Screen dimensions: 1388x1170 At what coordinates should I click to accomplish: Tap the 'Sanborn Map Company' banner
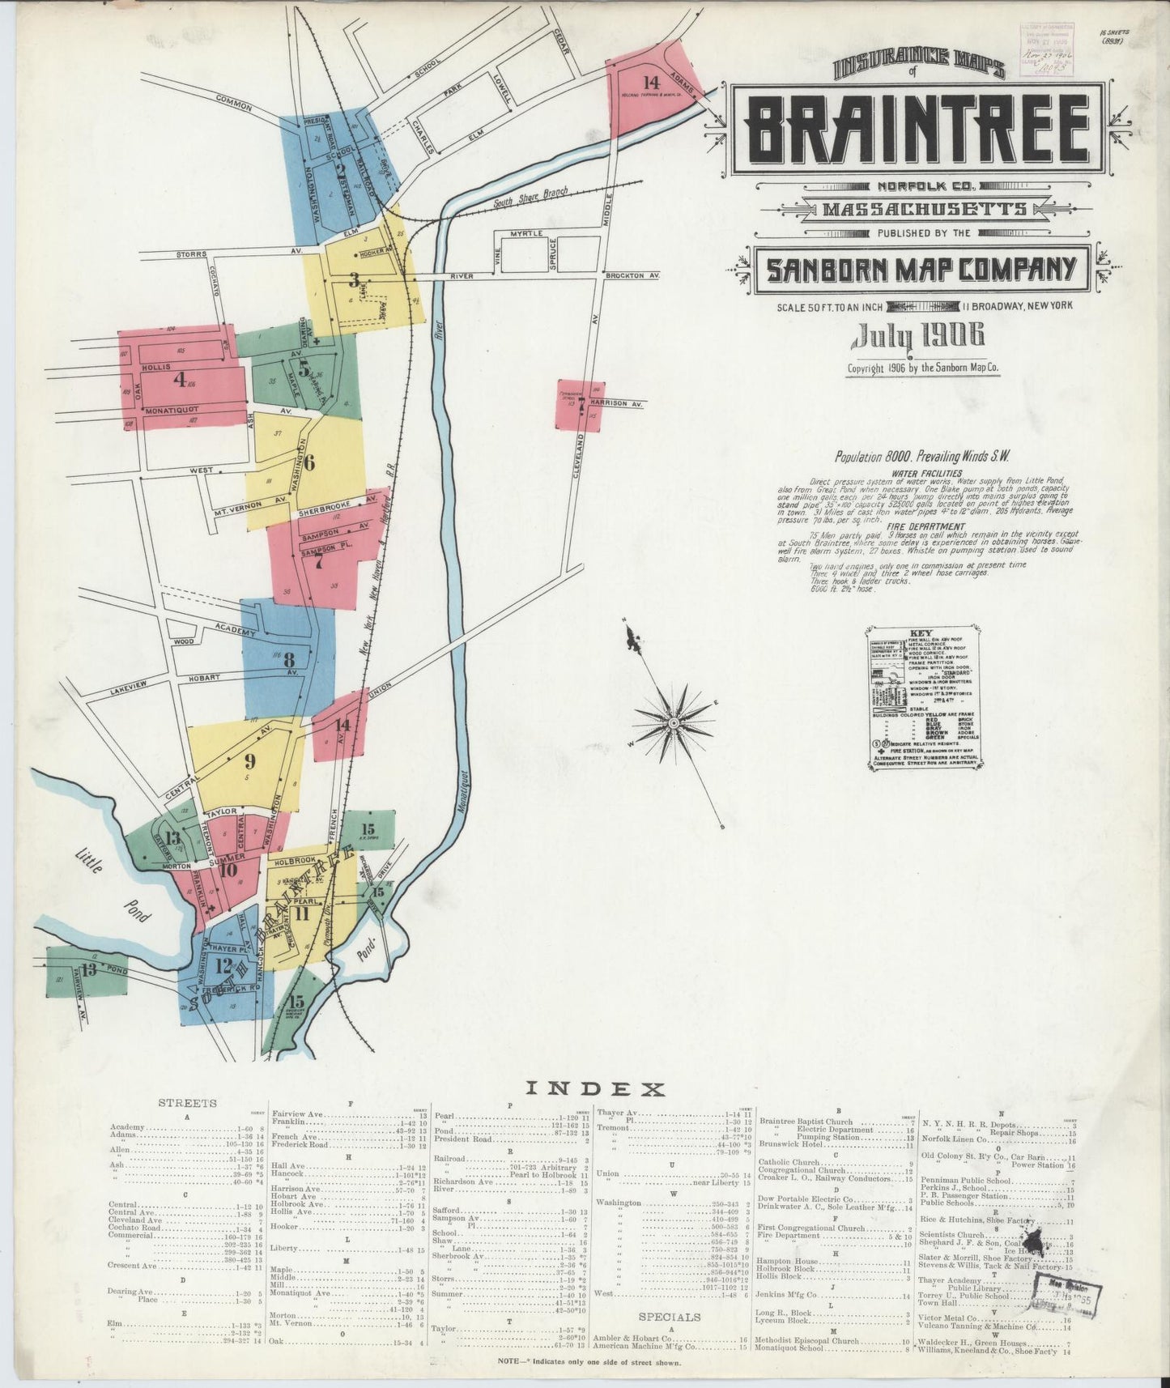click(921, 268)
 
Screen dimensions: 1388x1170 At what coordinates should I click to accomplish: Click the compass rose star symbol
click(673, 721)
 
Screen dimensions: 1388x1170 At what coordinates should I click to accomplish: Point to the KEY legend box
click(921, 697)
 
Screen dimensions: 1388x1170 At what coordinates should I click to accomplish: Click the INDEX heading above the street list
click(595, 1089)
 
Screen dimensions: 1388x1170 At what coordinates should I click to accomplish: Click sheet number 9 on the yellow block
click(249, 760)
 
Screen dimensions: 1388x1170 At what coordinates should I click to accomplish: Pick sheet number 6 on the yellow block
click(308, 465)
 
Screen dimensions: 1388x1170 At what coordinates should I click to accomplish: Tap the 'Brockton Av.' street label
click(632, 275)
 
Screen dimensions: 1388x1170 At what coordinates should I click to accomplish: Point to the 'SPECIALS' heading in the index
click(669, 1317)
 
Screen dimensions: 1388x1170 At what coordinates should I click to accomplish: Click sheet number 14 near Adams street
click(651, 82)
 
